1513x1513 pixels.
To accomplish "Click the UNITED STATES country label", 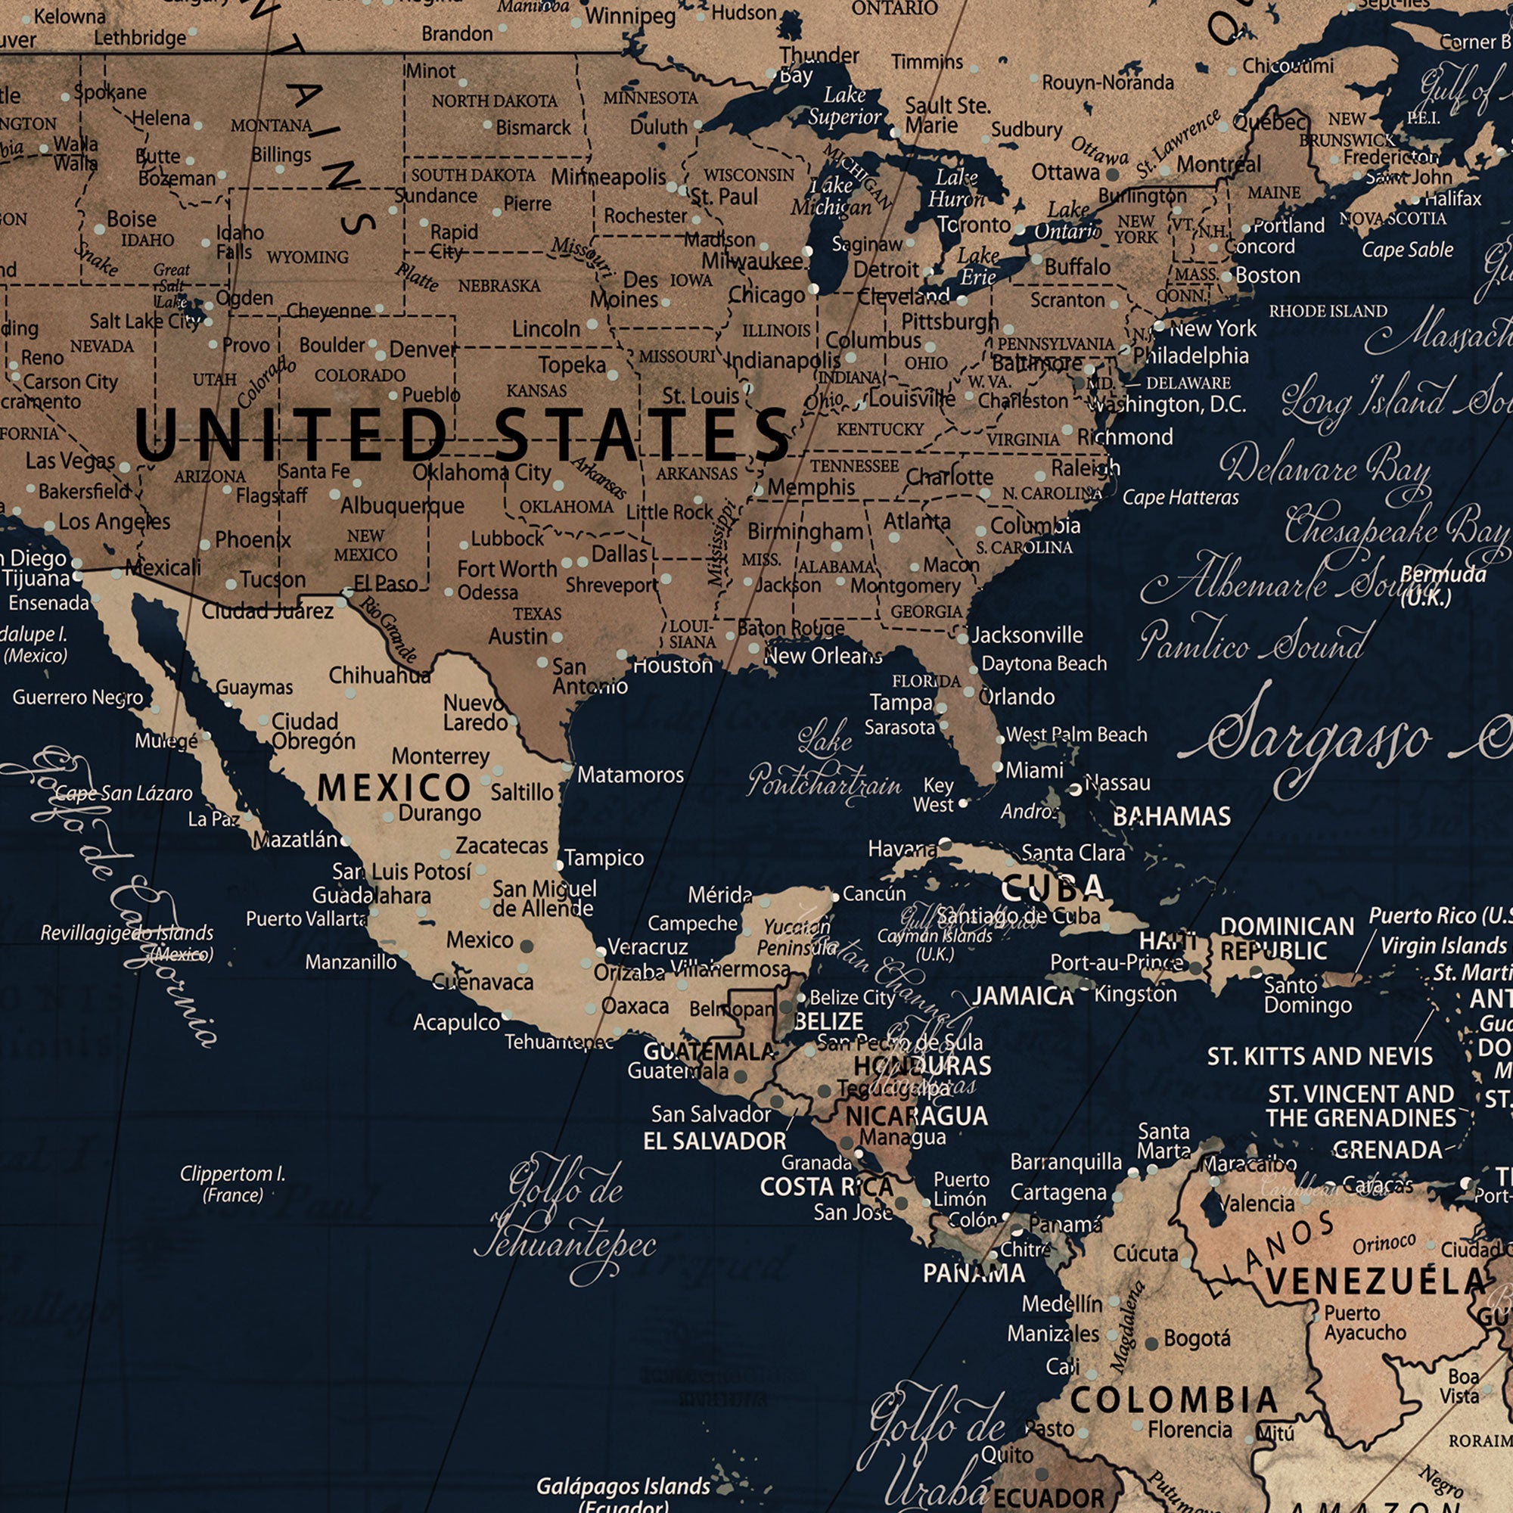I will [462, 436].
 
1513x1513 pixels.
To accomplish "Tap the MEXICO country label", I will [393, 788].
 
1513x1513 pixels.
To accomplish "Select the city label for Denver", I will [423, 350].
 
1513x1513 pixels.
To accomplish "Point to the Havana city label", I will [902, 849].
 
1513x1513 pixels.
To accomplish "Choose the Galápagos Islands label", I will [623, 1487].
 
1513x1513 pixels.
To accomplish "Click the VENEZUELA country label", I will [1376, 1282].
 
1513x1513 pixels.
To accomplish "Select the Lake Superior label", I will [844, 106].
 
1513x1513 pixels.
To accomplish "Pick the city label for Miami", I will [1033, 771].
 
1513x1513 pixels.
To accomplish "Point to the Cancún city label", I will [874, 893].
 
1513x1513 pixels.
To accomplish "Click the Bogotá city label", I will [1197, 1338].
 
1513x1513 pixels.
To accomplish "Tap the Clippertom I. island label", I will [232, 1183].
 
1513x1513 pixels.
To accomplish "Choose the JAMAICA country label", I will [1022, 996].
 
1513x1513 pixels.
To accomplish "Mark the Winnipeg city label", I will [629, 16].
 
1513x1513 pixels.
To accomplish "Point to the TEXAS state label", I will [537, 614].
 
